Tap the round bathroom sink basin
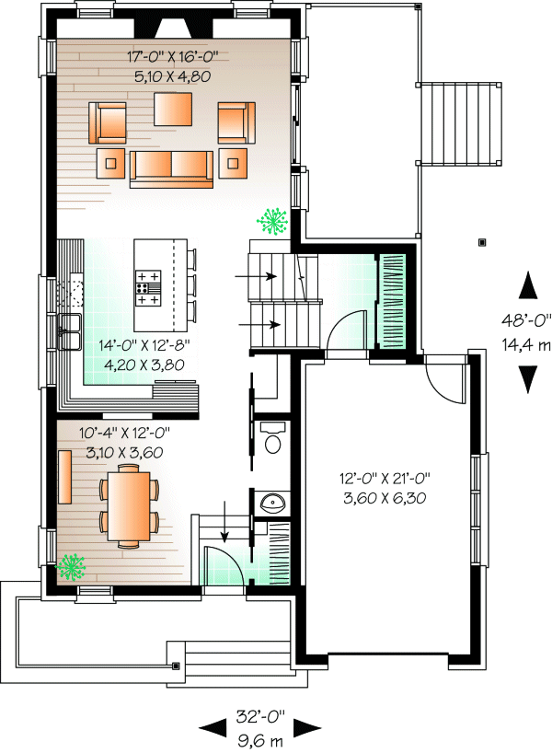[x=273, y=503]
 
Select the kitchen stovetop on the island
[x=148, y=288]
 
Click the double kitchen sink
[x=70, y=331]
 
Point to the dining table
[x=128, y=506]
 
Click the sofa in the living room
[x=171, y=169]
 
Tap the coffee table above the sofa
[x=173, y=109]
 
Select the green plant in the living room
[x=272, y=221]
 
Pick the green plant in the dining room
[x=71, y=568]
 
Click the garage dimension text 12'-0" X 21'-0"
[x=385, y=479]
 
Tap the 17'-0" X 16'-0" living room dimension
[x=173, y=57]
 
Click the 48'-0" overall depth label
[x=526, y=319]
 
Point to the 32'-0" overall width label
[x=260, y=717]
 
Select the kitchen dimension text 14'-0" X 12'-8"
[x=144, y=345]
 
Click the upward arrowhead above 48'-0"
[x=528, y=285]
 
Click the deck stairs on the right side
[x=459, y=124]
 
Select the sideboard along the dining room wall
[x=64, y=477]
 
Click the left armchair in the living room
[x=107, y=122]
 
